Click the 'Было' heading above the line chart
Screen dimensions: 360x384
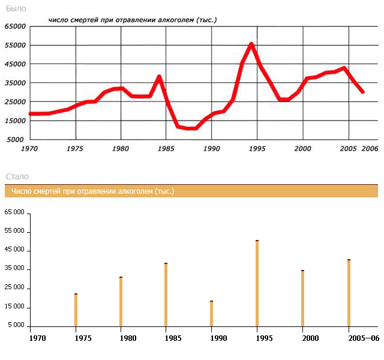[x=16, y=8]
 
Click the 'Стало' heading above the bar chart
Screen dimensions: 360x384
[x=17, y=176]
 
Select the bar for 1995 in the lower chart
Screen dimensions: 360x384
[x=257, y=283]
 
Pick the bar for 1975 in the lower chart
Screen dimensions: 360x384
[x=76, y=310]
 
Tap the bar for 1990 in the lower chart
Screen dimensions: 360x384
[x=211, y=314]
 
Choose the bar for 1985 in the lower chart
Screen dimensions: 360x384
[x=166, y=295]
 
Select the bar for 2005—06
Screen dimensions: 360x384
[x=349, y=293]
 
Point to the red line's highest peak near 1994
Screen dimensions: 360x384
[x=251, y=44]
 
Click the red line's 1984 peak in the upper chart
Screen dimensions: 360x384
[x=159, y=76]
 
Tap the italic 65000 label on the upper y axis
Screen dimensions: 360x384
[x=15, y=26]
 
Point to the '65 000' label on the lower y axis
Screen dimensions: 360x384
[x=14, y=212]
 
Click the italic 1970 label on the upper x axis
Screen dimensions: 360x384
[x=30, y=148]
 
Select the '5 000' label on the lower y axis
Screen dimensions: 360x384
[x=16, y=326]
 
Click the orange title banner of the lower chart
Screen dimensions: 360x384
[x=191, y=191]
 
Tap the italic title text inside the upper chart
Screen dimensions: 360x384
[x=132, y=20]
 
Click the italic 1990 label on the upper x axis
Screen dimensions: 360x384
[x=211, y=148]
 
